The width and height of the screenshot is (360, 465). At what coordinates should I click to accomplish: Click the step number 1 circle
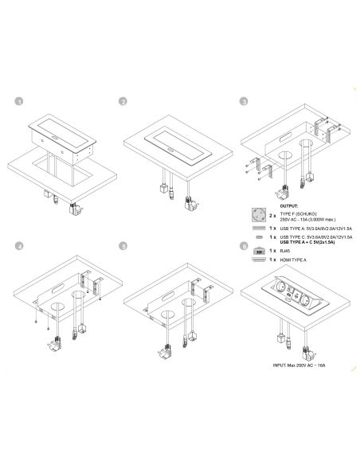[20, 102]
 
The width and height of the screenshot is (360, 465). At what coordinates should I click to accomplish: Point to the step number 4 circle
[20, 247]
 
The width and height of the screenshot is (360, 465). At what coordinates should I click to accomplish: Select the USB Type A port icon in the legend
[260, 227]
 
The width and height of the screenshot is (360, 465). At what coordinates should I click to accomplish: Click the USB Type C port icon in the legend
[260, 236]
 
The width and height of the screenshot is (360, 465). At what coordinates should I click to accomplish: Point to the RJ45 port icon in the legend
[260, 250]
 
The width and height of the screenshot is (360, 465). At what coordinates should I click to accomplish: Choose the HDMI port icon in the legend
[260, 260]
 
